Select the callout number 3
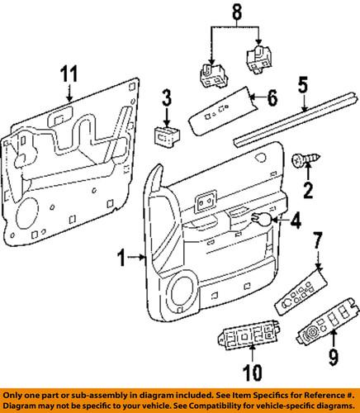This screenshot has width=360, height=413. [167, 100]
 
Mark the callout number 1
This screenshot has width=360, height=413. [121, 259]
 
